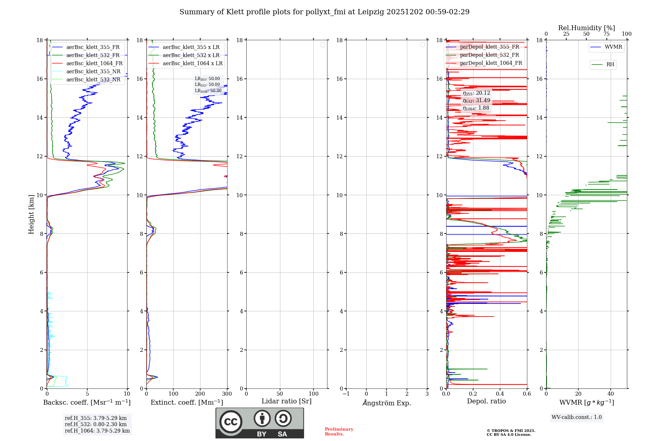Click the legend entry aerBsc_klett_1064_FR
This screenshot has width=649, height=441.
click(x=94, y=64)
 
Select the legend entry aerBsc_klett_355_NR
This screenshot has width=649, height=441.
click(x=93, y=72)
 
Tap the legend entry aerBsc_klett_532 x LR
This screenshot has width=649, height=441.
click(x=191, y=55)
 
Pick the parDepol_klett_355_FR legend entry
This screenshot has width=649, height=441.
click(x=489, y=47)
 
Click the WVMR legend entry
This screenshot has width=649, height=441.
click(x=613, y=47)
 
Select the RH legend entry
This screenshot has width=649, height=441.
click(x=610, y=65)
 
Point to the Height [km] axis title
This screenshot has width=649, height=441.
click(x=31, y=214)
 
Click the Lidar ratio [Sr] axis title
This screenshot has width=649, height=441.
click(x=287, y=401)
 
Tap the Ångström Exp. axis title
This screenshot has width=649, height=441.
click(x=386, y=403)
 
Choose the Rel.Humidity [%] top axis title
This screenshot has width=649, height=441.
click(x=586, y=28)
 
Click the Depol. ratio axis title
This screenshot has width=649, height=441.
click(x=486, y=401)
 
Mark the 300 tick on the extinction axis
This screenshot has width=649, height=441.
click(x=227, y=394)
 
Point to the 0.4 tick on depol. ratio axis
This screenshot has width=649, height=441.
click(x=500, y=394)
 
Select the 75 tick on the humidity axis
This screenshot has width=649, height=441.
click(x=606, y=34)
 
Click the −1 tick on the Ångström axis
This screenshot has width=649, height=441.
click(x=346, y=394)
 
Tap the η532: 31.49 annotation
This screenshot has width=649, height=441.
click(x=476, y=101)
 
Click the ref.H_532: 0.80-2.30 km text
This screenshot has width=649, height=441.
click(x=96, y=424)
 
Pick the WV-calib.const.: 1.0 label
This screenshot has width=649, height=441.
click(x=577, y=417)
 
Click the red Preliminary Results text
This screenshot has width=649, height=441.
click(x=339, y=432)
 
